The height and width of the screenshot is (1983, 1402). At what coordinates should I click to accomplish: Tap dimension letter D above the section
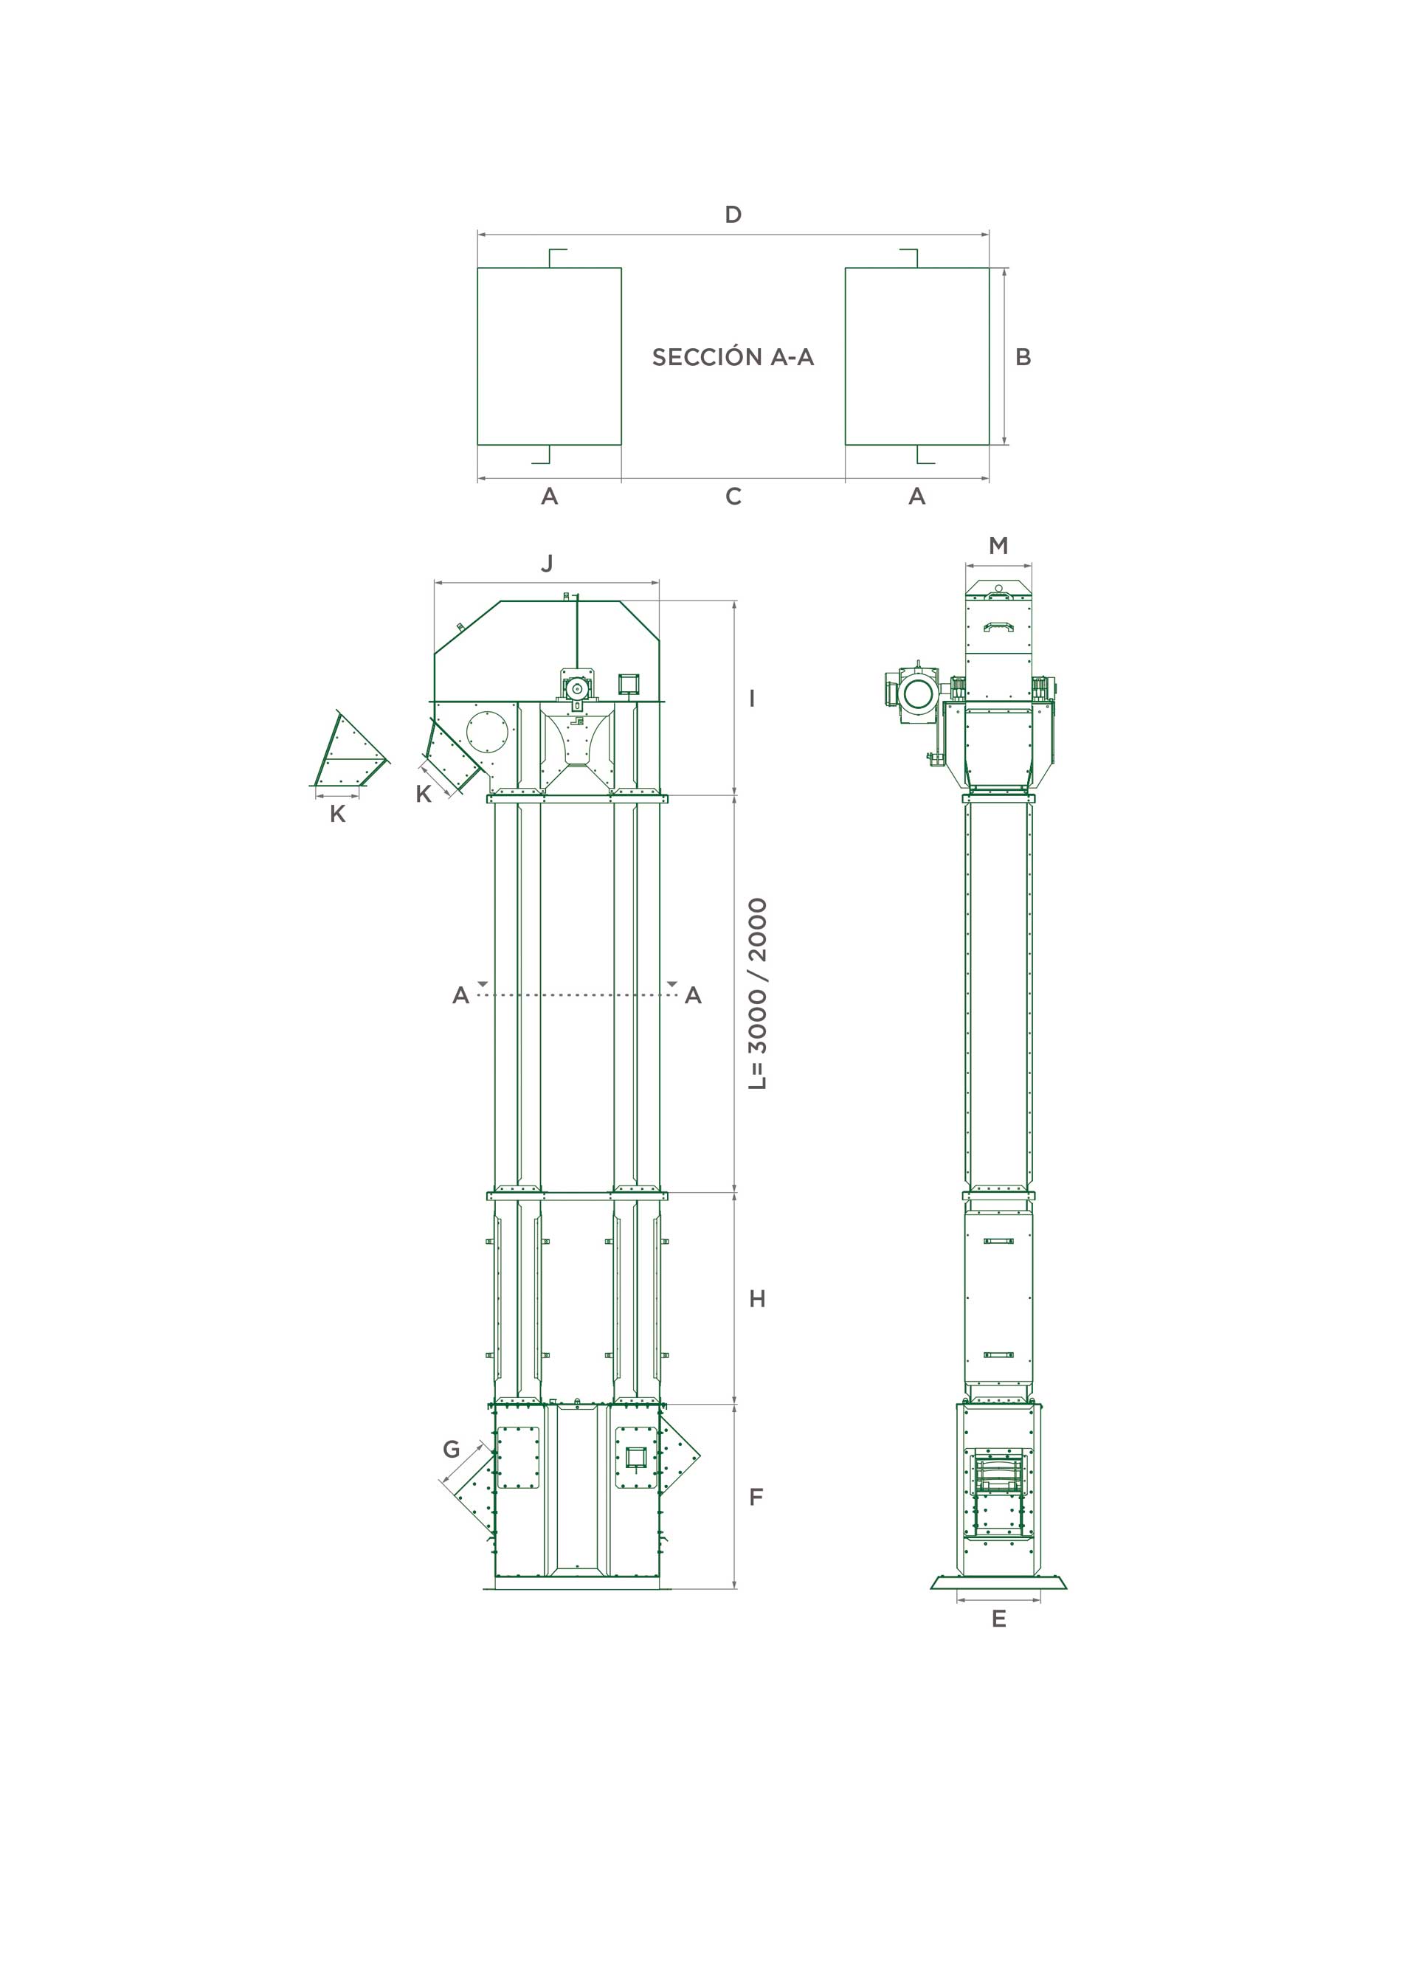(733, 214)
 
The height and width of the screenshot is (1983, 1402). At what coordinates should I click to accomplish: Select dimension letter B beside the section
(1023, 357)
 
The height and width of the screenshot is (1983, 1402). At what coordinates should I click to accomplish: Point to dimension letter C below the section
(733, 496)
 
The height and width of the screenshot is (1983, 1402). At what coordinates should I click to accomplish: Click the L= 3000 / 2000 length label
(758, 993)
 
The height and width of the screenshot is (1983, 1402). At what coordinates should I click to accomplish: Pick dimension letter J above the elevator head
(547, 563)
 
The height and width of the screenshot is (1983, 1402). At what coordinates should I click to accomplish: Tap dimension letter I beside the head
(753, 698)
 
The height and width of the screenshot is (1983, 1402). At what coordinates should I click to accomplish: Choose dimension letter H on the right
(758, 1299)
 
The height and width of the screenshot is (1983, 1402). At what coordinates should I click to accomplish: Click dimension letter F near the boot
(756, 1497)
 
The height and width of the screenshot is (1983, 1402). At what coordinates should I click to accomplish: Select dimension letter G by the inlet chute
(451, 1449)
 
